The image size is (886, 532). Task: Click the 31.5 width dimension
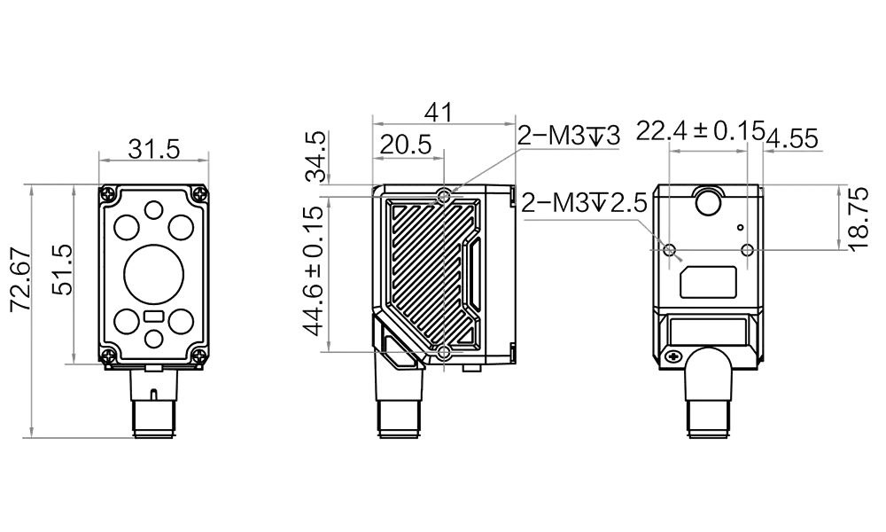coord(153,148)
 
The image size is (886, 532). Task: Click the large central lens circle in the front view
coord(152,275)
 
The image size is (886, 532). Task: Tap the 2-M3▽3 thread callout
coord(568,136)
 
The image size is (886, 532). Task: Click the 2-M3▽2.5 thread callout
coord(585,204)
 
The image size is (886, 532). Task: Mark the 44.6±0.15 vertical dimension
coord(312,270)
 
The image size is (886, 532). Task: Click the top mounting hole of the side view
coord(444,194)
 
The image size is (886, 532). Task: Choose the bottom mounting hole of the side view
coord(443,354)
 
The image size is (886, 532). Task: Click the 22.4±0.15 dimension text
coord(701,132)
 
